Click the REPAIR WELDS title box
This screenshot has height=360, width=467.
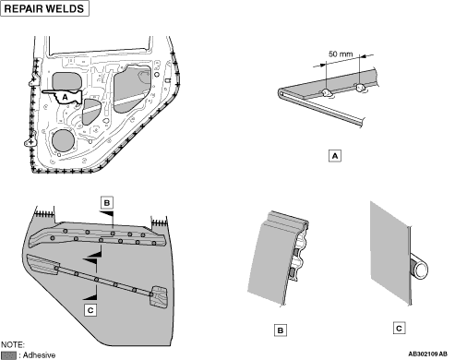pos(45,8)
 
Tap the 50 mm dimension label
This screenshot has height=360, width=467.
pos(341,54)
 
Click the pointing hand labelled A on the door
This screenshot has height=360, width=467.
pos(63,97)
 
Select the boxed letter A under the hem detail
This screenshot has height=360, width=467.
pos(335,156)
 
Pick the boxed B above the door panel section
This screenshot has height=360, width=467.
pos(107,203)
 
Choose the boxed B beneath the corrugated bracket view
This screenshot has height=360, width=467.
pos(281,330)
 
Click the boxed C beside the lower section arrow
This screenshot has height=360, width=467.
pos(90,310)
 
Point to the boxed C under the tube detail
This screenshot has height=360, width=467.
pos(399,328)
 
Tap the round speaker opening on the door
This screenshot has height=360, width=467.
pos(63,141)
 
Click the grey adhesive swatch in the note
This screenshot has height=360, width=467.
pos(8,355)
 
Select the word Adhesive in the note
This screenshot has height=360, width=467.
pos(39,355)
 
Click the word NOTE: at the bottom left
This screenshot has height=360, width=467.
pos(13,344)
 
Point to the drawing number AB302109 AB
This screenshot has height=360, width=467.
pos(428,354)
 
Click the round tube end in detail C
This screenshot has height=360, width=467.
pos(421,270)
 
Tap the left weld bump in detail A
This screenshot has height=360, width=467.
pos(327,93)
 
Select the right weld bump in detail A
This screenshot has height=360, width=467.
pos(360,88)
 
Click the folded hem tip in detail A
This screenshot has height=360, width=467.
pos(281,93)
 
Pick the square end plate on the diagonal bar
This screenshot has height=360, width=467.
pos(159,296)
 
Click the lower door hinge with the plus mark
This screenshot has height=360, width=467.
pos(30,142)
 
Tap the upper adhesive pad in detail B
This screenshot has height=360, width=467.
pos(295,253)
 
